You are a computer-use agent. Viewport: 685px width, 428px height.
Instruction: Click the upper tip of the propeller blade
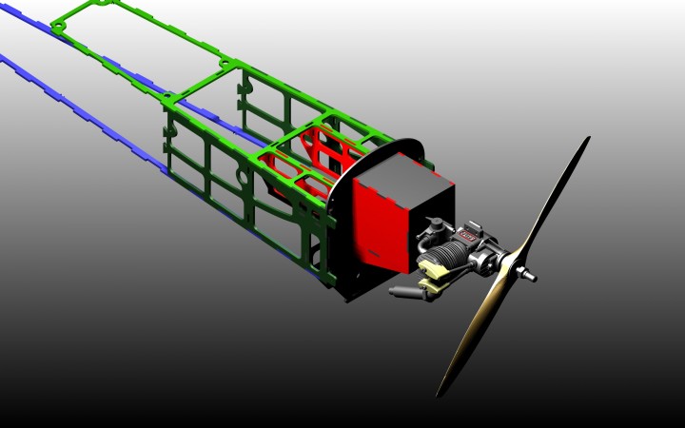(x=585, y=142)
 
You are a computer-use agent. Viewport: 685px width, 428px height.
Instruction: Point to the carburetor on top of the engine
(x=434, y=226)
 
